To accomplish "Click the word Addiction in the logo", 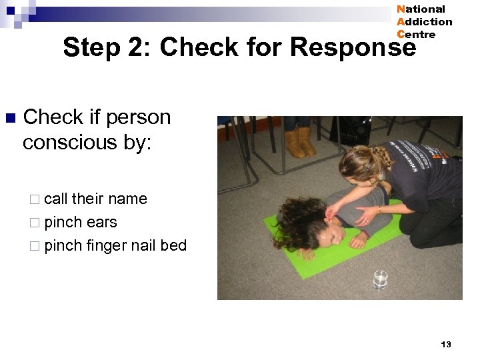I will (x=424, y=22).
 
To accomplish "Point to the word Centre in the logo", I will (x=416, y=35).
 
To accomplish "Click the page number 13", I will (x=446, y=344).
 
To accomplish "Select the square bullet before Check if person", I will (x=9, y=119).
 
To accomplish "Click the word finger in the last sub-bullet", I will (x=106, y=245).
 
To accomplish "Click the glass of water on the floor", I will (x=380, y=279).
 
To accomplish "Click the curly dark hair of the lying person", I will (x=294, y=220).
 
